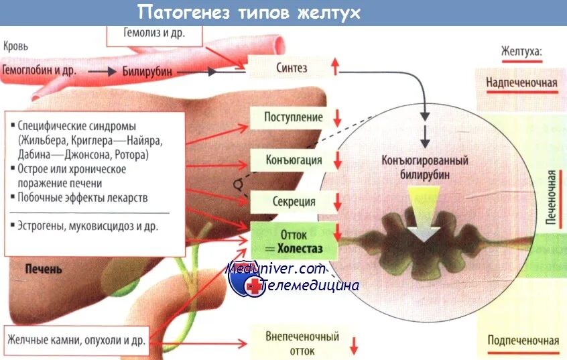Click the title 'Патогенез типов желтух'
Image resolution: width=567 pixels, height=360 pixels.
[249, 12]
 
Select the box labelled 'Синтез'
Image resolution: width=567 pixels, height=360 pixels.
[292, 67]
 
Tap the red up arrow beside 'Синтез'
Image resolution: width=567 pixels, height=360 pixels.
[336, 67]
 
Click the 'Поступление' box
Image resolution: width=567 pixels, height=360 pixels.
[294, 117]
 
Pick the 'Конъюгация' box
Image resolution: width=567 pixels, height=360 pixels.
[294, 160]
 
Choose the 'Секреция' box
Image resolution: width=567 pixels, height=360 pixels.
[294, 202]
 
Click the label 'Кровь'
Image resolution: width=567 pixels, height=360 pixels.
[15, 47]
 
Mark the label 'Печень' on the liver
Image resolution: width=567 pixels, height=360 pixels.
[44, 269]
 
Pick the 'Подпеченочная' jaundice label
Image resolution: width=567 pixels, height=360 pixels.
[523, 340]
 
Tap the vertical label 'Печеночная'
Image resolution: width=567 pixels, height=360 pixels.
[550, 198]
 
